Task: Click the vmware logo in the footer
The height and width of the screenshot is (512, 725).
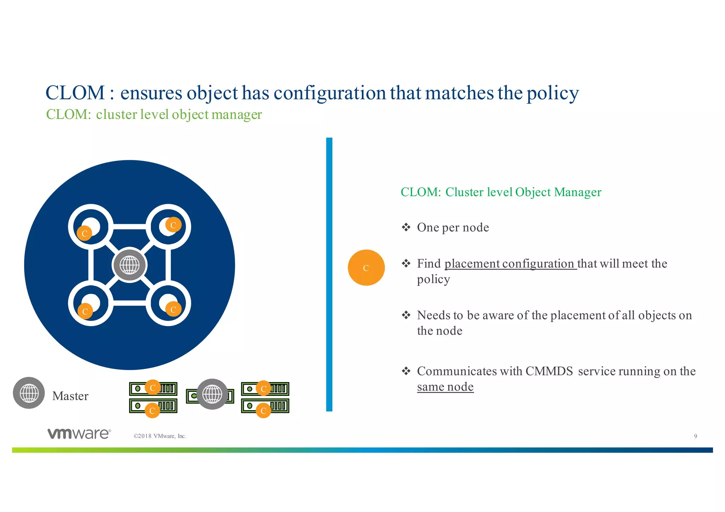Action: coord(79,433)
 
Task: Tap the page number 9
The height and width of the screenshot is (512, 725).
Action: coord(695,436)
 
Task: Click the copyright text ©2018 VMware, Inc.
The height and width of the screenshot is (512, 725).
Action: coord(160,436)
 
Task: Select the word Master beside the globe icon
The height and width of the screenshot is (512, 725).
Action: coord(70,396)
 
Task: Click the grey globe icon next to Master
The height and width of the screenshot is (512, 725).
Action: coord(29,393)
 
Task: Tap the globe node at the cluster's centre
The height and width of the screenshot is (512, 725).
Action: coord(130,265)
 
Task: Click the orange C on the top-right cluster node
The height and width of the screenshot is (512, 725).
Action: coord(173,225)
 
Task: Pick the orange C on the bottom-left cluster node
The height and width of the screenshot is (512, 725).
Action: coord(85,311)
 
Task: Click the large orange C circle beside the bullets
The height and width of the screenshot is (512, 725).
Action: coord(366,268)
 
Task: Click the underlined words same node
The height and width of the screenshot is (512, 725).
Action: coord(445,387)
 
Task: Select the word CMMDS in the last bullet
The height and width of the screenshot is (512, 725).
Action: coord(549,371)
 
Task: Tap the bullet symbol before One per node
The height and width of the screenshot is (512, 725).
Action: coord(406,227)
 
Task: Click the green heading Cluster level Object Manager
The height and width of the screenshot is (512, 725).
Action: coord(523,192)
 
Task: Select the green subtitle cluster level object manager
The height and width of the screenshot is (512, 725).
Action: coord(179,115)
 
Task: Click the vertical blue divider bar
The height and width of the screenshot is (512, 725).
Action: coord(329,274)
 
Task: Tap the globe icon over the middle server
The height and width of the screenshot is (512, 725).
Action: coord(212,394)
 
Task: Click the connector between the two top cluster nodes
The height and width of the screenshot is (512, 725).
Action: coord(130,226)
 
